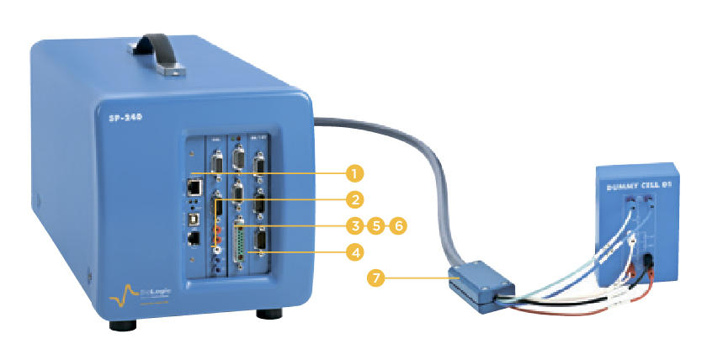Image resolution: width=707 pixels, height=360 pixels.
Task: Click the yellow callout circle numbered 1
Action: click(x=355, y=174)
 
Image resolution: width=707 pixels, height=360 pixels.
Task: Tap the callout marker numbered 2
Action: click(x=355, y=200)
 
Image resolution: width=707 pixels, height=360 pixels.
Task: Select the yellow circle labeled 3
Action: click(x=355, y=225)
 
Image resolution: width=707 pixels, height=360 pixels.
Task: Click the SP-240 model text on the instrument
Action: click(x=125, y=119)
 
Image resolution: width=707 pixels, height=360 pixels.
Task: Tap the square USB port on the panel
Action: click(x=195, y=214)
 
